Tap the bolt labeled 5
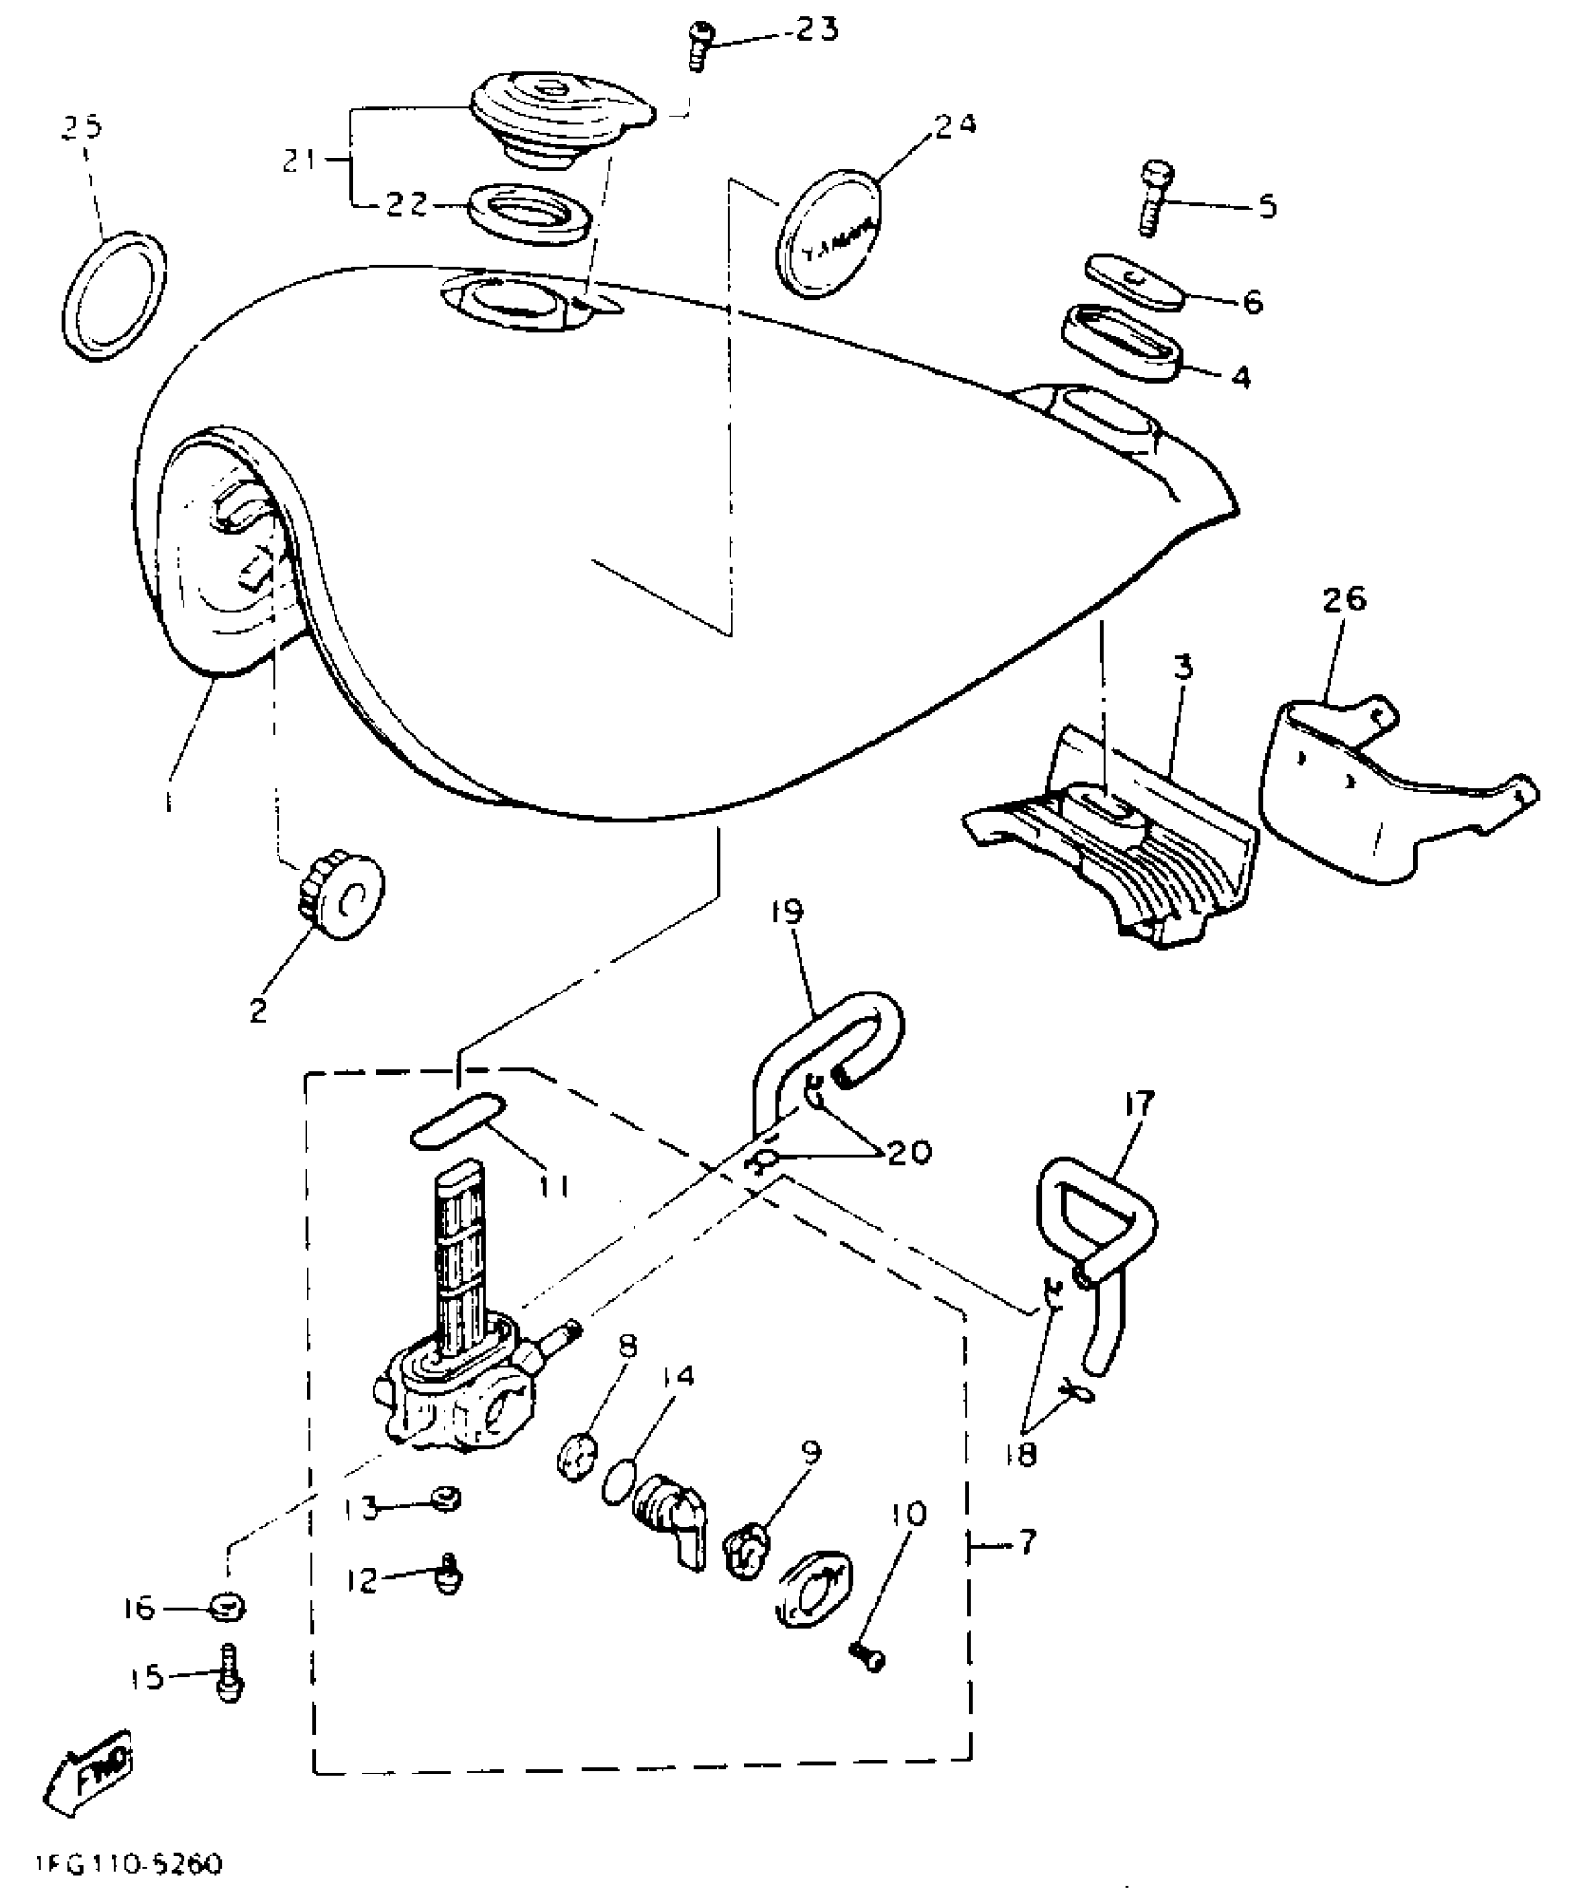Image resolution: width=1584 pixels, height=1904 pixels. point(1154,198)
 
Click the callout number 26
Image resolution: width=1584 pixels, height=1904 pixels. point(1343,599)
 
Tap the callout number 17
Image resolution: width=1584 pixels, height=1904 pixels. point(1138,1103)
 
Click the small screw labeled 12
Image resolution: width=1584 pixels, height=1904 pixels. point(450,1575)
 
